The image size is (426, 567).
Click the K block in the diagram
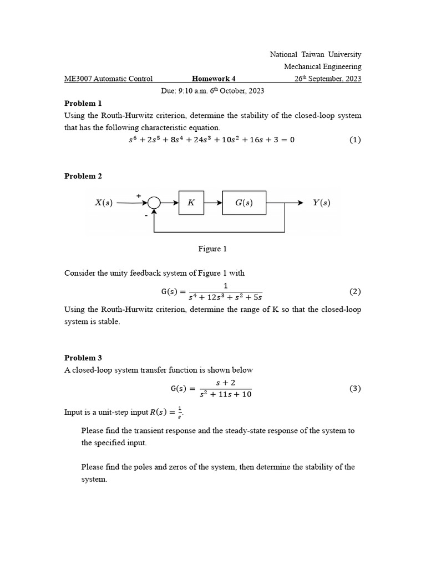click(191, 203)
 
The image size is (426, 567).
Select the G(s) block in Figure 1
click(244, 203)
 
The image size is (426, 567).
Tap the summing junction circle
click(154, 203)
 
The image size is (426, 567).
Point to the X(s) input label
click(104, 203)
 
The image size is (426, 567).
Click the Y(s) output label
click(321, 203)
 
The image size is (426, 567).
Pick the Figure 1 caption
click(212, 249)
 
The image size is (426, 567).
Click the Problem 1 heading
click(83, 103)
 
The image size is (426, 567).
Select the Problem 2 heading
click(83, 176)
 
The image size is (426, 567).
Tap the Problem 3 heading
click(83, 358)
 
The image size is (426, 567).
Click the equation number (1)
click(355, 140)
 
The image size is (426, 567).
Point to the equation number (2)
click(355, 291)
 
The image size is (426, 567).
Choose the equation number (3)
click(355, 388)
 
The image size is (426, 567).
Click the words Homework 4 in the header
click(214, 79)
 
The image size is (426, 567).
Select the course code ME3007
click(78, 79)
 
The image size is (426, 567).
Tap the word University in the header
click(344, 54)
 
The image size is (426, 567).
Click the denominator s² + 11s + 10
click(225, 394)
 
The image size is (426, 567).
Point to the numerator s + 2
click(225, 383)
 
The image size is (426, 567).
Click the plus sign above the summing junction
click(139, 195)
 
